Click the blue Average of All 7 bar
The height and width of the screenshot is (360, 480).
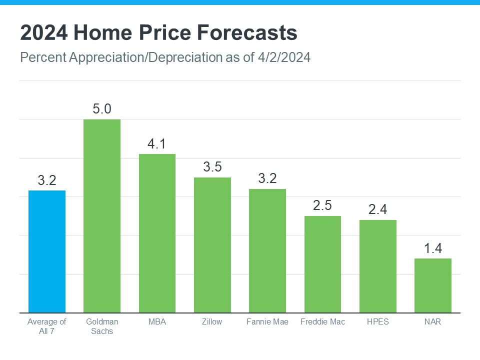point(46,251)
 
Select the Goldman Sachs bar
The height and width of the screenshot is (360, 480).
point(102,216)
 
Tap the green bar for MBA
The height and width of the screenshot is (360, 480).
point(157,233)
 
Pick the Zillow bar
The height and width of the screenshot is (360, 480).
point(212,245)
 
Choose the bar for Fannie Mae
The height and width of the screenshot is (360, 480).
point(267,251)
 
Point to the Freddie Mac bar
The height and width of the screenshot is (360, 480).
point(322,264)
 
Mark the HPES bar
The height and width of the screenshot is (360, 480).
point(378,266)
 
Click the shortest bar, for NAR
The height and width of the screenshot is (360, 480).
point(433,285)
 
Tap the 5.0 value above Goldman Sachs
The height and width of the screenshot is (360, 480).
point(102,109)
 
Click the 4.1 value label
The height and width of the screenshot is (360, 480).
point(157,144)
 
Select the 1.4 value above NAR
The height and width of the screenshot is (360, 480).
point(433,248)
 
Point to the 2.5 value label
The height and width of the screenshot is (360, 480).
point(322,205)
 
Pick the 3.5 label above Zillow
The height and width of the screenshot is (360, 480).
point(212,167)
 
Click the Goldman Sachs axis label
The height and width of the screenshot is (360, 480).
point(102,326)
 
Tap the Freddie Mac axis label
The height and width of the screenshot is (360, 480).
point(322,321)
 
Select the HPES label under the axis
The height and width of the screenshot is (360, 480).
point(378,321)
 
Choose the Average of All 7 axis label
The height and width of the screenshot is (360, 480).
point(46,326)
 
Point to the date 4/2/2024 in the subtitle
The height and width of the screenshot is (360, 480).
point(282,57)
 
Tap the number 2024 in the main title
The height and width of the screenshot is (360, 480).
point(43,33)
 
